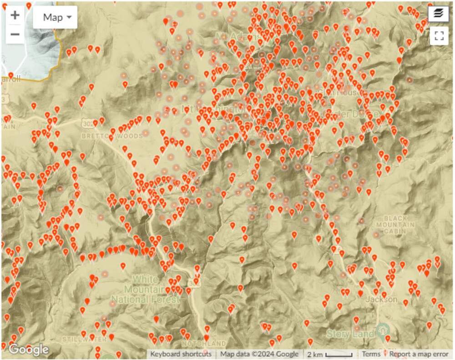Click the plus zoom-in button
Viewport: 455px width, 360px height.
coord(15,15)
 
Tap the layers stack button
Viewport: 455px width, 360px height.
coord(439,14)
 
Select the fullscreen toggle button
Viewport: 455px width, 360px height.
coord(439,36)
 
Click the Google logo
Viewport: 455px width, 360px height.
coord(28,349)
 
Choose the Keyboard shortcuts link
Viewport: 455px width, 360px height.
coord(181,354)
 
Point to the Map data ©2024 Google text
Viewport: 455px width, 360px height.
coord(259,354)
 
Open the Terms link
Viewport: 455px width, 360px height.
coord(371,354)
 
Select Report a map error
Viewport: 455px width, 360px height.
coord(419,354)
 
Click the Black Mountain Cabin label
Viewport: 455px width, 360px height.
coord(399,225)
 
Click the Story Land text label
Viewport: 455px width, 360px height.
coord(350,334)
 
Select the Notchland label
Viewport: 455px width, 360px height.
coord(203,343)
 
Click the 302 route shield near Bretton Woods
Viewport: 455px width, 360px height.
coord(88,123)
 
